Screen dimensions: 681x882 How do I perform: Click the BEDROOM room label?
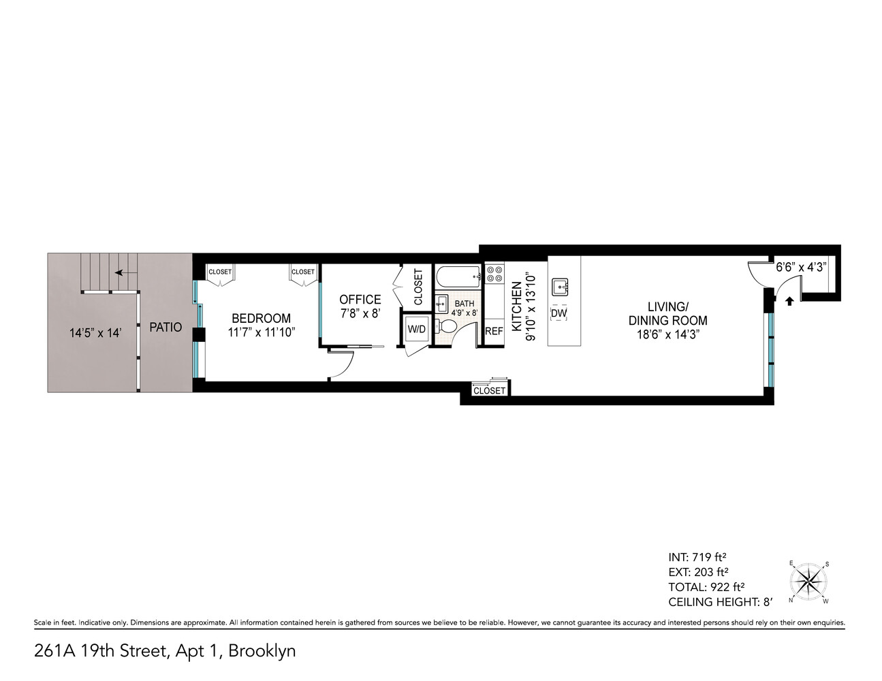coord(261,318)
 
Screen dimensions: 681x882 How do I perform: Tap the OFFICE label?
coord(360,300)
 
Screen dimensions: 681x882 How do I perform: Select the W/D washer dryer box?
coord(416,330)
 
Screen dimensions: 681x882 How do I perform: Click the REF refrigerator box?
coord(493,332)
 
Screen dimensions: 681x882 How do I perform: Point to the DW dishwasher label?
coord(558,313)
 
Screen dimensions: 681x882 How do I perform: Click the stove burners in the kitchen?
coord(494,274)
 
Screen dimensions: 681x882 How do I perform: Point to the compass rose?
coord(808,582)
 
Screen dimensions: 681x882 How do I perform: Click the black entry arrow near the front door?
coord(789,300)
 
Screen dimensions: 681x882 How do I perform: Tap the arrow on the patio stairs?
coord(123,272)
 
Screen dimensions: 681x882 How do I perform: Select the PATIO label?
coord(166,328)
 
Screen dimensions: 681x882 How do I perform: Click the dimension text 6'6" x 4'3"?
coord(801,268)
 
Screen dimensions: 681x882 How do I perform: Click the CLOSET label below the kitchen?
coord(490,391)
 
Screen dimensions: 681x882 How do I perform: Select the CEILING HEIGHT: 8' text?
coord(721,602)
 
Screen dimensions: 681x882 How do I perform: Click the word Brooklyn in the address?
coord(262,651)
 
